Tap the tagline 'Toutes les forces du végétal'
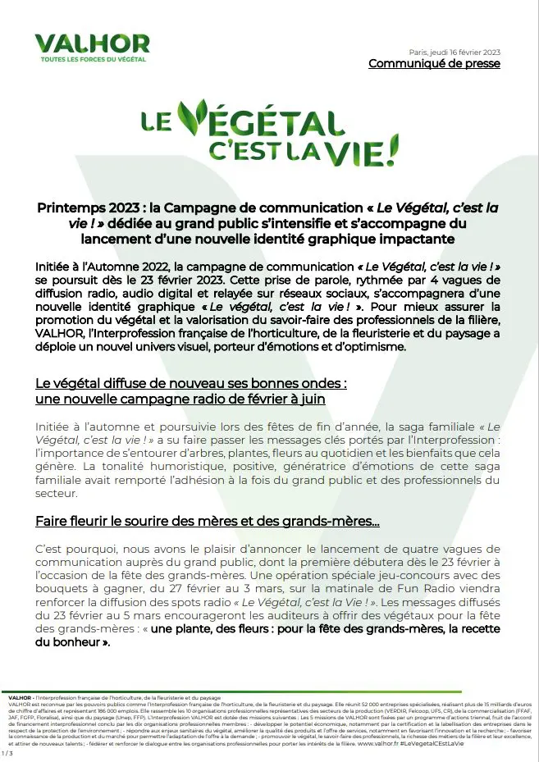[x=92, y=60]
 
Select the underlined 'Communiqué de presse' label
[x=434, y=64]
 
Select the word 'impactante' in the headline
[x=422, y=239]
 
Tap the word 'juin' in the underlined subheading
[x=312, y=399]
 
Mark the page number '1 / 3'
[x=7, y=752]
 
